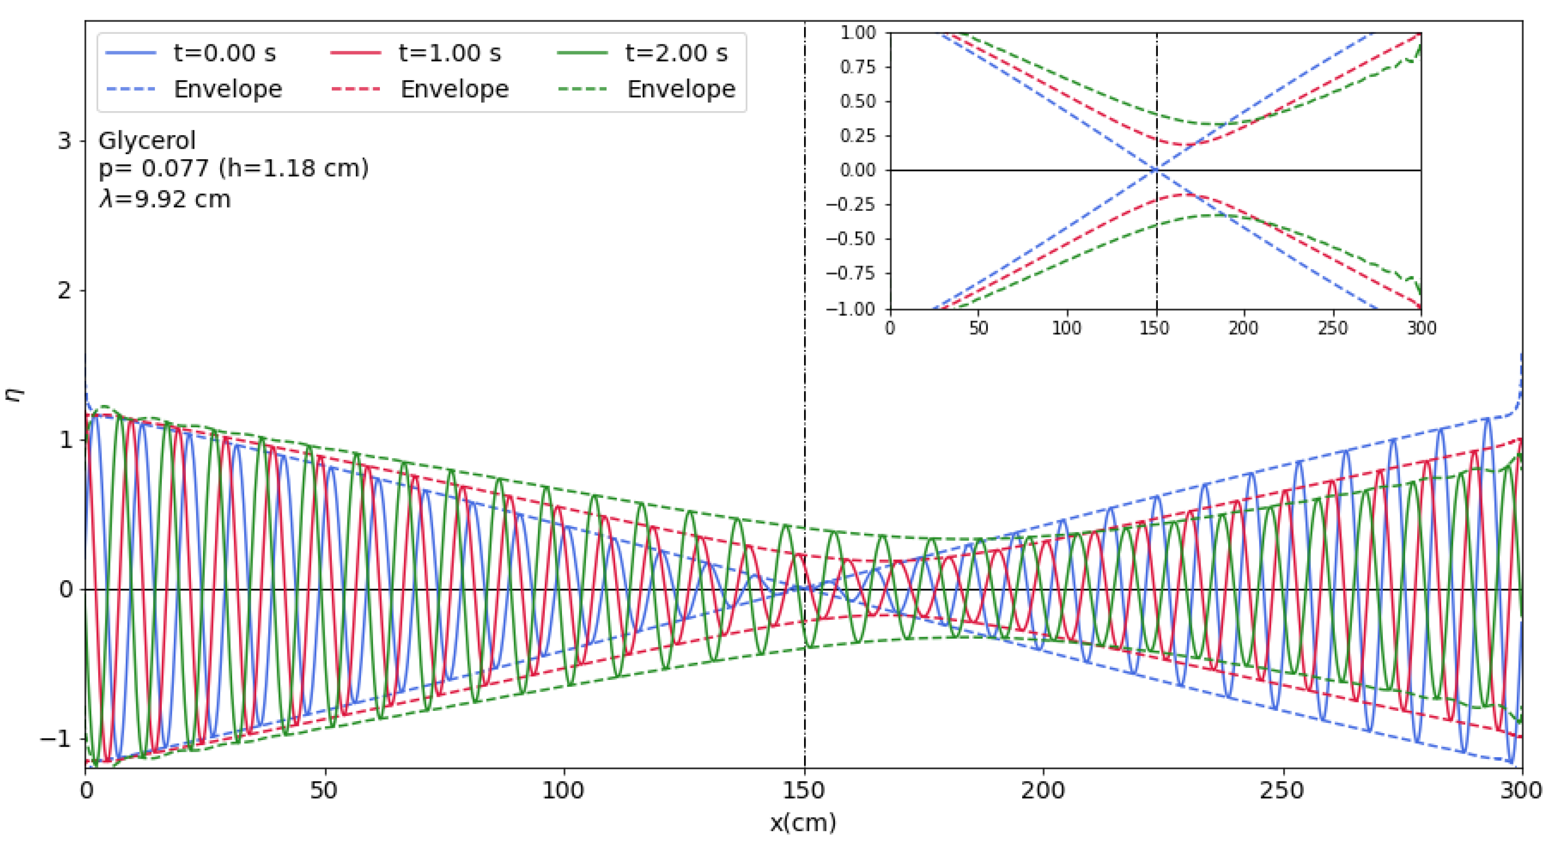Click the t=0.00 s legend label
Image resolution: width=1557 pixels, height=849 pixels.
tap(224, 53)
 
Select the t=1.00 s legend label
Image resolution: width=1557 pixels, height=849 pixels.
tap(450, 53)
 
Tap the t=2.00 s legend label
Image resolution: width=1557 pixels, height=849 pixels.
tap(676, 53)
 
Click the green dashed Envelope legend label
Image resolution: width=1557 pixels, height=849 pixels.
tap(681, 89)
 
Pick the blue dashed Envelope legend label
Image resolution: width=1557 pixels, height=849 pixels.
tap(228, 89)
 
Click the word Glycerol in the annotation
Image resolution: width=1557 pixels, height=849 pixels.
tap(147, 141)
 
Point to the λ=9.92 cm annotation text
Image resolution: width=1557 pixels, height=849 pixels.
tap(164, 199)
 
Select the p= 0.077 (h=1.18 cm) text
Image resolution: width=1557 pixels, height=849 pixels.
tap(233, 169)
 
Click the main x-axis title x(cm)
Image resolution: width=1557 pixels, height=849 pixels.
tap(803, 823)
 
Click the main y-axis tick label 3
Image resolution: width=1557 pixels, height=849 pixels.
tap(64, 141)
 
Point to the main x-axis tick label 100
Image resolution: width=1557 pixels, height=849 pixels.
tap(564, 791)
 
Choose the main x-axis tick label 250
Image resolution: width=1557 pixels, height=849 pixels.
tap(1282, 791)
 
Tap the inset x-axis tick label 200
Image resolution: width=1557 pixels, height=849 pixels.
tap(1243, 329)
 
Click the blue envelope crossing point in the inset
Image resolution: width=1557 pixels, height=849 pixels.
tap(1156, 170)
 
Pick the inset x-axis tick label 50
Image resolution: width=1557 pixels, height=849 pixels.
tap(978, 329)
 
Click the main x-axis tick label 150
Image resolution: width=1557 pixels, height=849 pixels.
tap(804, 791)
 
